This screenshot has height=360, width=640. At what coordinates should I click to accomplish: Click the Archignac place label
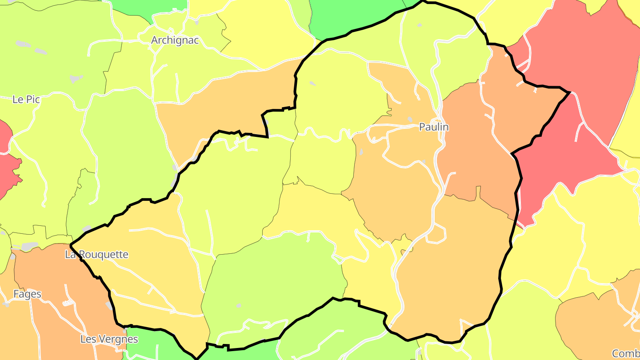175,40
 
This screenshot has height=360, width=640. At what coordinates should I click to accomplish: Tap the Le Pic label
26,100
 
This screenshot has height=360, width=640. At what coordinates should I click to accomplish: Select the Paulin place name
434,127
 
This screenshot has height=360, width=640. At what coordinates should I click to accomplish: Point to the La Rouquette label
96,255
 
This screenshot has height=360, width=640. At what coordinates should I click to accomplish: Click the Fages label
27,294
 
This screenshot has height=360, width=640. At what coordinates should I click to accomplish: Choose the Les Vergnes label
109,339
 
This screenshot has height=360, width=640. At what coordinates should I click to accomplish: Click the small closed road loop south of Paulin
436,234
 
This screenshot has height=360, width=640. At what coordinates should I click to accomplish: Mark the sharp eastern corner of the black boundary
569,92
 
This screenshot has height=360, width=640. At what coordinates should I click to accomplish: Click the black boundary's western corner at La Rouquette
71,244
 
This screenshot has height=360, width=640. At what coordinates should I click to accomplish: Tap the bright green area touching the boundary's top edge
351,16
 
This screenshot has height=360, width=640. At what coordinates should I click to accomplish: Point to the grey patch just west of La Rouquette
29,246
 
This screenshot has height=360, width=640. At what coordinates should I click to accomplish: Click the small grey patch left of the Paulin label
409,120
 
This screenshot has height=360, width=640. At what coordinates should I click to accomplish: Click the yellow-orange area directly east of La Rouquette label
151,267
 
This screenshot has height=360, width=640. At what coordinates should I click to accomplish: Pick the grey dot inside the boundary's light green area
239,305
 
